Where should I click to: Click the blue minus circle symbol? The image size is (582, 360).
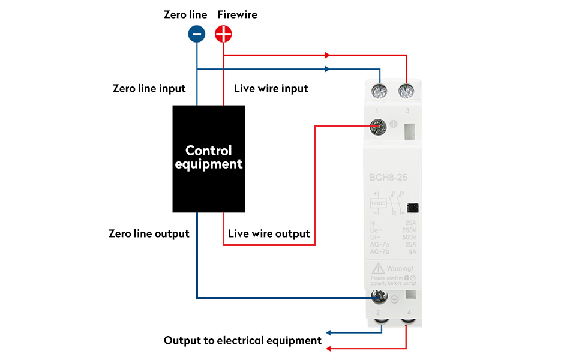pyautogui.click(x=197, y=34)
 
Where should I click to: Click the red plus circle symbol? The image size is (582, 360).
pyautogui.click(x=224, y=34)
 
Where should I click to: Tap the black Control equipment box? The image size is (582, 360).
pyautogui.click(x=209, y=159)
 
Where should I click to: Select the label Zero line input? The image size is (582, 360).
pyautogui.click(x=149, y=88)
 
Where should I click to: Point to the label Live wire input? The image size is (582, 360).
pyautogui.click(x=271, y=88)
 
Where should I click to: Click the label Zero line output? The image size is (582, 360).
pyautogui.click(x=149, y=233)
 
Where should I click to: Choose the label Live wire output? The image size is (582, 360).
pyautogui.click(x=269, y=233)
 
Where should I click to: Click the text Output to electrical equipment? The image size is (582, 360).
pyautogui.click(x=243, y=340)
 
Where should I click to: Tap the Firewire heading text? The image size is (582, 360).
pyautogui.click(x=237, y=14)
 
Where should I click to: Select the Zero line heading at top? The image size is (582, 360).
pyautogui.click(x=185, y=14)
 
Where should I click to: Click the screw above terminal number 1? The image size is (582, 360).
pyautogui.click(x=379, y=92)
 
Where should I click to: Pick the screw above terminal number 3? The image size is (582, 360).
pyautogui.click(x=407, y=92)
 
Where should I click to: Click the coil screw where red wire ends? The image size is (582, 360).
pyautogui.click(x=379, y=126)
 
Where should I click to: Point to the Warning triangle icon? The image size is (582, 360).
pyautogui.click(x=378, y=268)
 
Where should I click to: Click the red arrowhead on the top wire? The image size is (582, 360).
pyautogui.click(x=327, y=55)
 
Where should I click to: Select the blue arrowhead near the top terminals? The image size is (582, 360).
pyautogui.click(x=327, y=69)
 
